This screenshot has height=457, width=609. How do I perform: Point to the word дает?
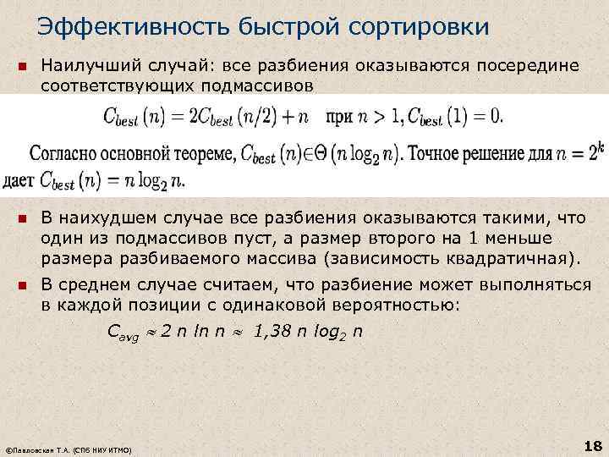19,180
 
